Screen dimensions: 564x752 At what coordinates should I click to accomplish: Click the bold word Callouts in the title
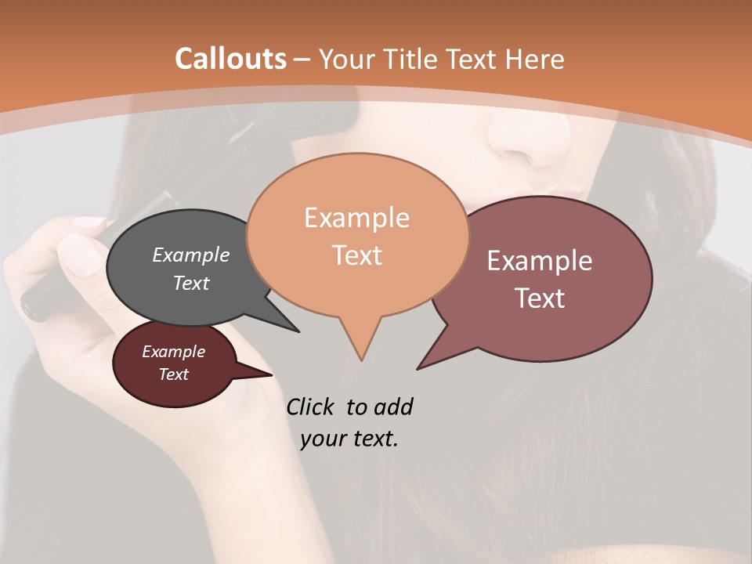(230, 59)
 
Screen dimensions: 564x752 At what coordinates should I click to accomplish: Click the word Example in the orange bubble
(356, 218)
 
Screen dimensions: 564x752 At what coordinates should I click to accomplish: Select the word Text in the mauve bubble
(540, 298)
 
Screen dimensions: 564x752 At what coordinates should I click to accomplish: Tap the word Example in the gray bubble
(190, 255)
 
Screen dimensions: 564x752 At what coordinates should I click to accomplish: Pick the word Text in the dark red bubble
(173, 374)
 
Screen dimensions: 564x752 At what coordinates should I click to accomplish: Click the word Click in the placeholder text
(311, 407)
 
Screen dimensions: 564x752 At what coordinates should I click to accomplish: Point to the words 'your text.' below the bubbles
(349, 439)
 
